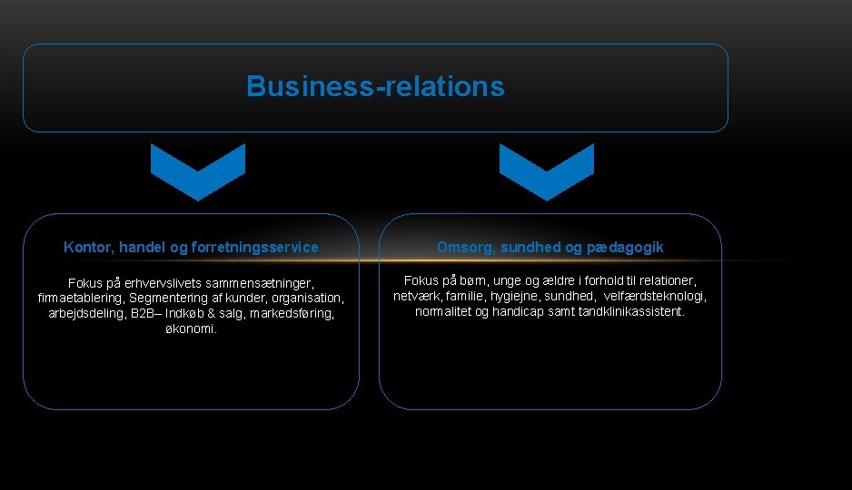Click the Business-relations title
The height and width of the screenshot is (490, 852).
[x=375, y=87]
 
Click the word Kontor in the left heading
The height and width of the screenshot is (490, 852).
[x=84, y=247]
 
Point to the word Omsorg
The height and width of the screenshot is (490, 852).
[x=465, y=247]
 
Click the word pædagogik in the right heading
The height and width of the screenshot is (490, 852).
[x=631, y=247]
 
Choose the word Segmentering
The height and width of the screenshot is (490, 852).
[x=173, y=298]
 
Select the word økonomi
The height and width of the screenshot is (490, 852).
[x=191, y=328]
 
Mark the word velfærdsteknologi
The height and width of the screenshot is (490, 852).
[x=654, y=296]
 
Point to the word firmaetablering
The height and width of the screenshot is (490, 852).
[x=81, y=298]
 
